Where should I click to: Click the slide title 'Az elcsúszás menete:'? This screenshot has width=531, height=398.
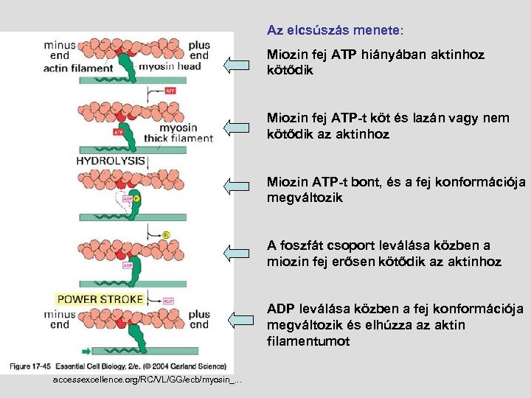point(335,31)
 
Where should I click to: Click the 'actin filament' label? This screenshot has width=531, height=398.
point(78,69)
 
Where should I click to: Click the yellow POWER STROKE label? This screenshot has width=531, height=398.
point(100,298)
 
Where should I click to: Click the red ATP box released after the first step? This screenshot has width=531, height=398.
point(170,91)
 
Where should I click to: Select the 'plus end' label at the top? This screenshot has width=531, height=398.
point(198,50)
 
